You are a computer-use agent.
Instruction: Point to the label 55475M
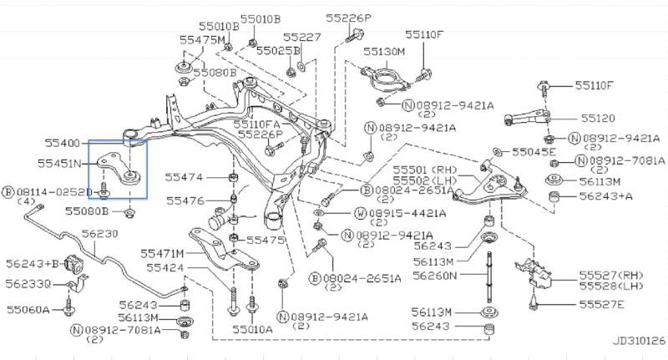[x=201, y=39]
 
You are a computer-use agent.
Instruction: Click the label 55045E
[x=532, y=152]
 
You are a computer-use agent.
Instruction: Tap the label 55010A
[x=252, y=329]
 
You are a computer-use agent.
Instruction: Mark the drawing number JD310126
[x=638, y=341]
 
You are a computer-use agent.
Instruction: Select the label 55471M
[x=162, y=252]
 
